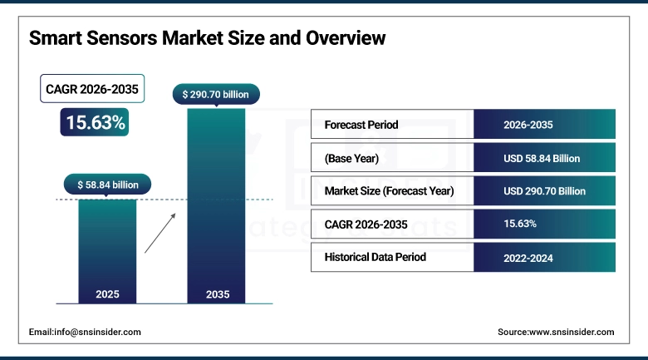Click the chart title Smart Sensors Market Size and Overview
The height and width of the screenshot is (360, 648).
coord(208,38)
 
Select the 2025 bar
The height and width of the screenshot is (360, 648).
coord(107,249)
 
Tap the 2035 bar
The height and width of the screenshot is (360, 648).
coord(216,208)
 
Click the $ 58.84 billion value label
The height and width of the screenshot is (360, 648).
coord(107,185)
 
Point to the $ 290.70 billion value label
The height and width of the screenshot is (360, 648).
coord(216,95)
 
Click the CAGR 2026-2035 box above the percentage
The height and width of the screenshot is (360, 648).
coord(92,88)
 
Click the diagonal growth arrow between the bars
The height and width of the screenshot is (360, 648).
coord(160,232)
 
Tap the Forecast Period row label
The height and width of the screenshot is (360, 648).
coord(361,125)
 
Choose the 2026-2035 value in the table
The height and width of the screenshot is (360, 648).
coord(528,125)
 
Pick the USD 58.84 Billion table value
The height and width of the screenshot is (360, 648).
coord(542,158)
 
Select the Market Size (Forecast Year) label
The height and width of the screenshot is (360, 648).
coord(390,190)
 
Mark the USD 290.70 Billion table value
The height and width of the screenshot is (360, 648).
coord(544,190)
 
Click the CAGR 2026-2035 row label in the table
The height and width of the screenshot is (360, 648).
coord(366,224)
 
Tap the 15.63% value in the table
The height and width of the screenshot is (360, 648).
coord(520,224)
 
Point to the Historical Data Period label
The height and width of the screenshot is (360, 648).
coord(376,257)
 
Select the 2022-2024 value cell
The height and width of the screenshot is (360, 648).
coord(528,258)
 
